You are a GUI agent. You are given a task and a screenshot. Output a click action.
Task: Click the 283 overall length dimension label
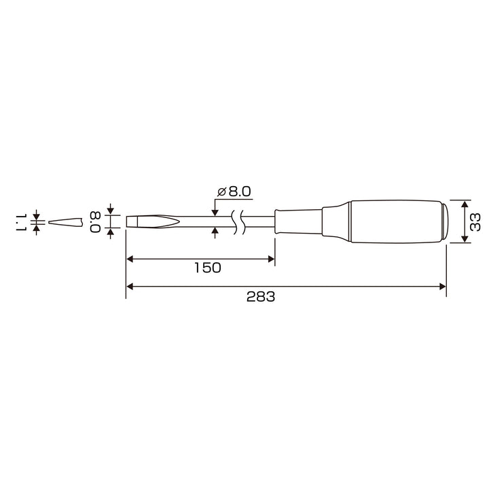click(261, 297)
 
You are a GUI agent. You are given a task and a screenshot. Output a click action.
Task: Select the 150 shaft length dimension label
click(208, 268)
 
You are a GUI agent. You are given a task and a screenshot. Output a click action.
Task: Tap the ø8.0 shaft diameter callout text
click(234, 192)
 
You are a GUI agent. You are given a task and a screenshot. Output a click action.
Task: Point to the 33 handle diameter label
click(475, 222)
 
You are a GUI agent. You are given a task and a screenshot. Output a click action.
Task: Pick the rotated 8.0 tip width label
click(95, 222)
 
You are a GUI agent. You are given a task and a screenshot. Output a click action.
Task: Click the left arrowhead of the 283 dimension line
click(130, 287)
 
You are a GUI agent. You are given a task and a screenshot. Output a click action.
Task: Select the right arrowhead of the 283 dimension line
click(443, 287)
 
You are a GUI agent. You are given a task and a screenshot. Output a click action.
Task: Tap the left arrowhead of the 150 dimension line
click(130, 259)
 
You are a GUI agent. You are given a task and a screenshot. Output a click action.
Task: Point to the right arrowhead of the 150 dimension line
click(271, 259)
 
